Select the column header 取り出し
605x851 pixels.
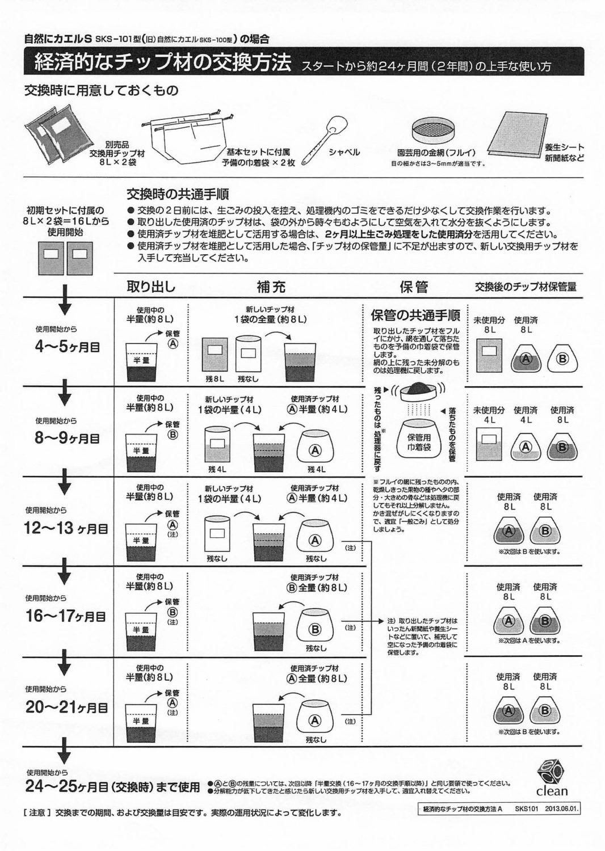[x=151, y=287]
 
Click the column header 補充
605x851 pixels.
[x=271, y=287]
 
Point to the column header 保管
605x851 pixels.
[x=414, y=287]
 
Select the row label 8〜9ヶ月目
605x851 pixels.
[x=67, y=438]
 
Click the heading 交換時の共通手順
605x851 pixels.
[x=178, y=195]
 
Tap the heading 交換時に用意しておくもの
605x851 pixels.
[x=100, y=90]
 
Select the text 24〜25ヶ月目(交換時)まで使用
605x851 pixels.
[x=112, y=787]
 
